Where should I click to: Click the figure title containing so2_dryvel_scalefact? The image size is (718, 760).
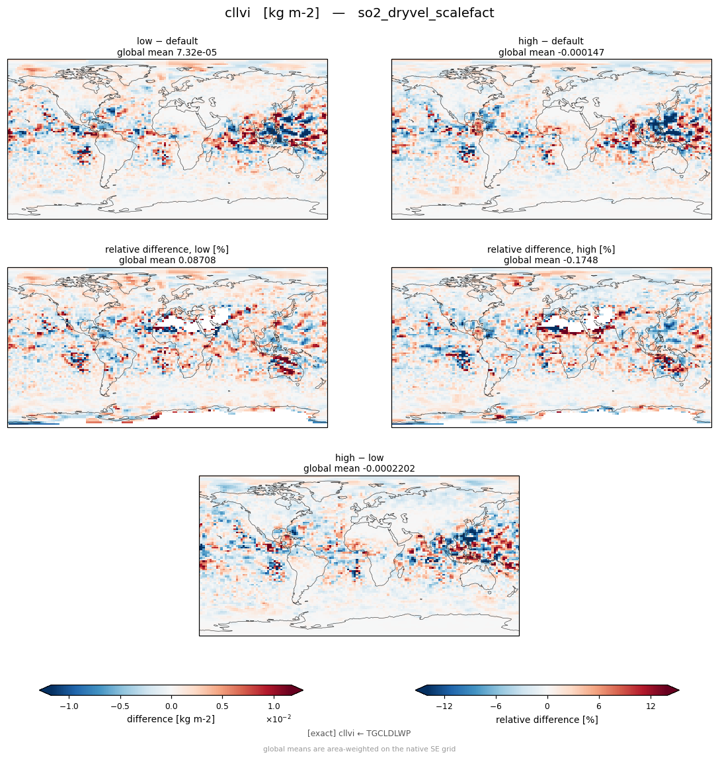(359, 13)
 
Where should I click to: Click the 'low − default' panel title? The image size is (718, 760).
(167, 41)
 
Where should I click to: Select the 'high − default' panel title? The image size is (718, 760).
(551, 41)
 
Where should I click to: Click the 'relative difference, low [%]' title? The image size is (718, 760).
(167, 249)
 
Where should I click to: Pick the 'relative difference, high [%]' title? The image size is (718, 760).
(551, 249)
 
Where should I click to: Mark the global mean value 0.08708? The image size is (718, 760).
(197, 261)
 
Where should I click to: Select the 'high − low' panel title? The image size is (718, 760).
(359, 458)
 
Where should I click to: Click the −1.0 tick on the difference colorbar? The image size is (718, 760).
(69, 706)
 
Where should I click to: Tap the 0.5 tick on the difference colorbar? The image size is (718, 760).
(222, 706)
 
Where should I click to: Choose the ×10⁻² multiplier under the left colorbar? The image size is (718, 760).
(278, 719)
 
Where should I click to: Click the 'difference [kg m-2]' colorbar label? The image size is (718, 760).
(171, 719)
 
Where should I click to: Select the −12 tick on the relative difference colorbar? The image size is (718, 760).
(444, 706)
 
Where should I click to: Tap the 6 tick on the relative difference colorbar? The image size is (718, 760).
(599, 706)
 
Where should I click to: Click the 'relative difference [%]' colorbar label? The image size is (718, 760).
(547, 720)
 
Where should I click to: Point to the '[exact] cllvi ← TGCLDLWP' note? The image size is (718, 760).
(359, 734)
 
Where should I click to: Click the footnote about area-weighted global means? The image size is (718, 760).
(359, 749)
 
